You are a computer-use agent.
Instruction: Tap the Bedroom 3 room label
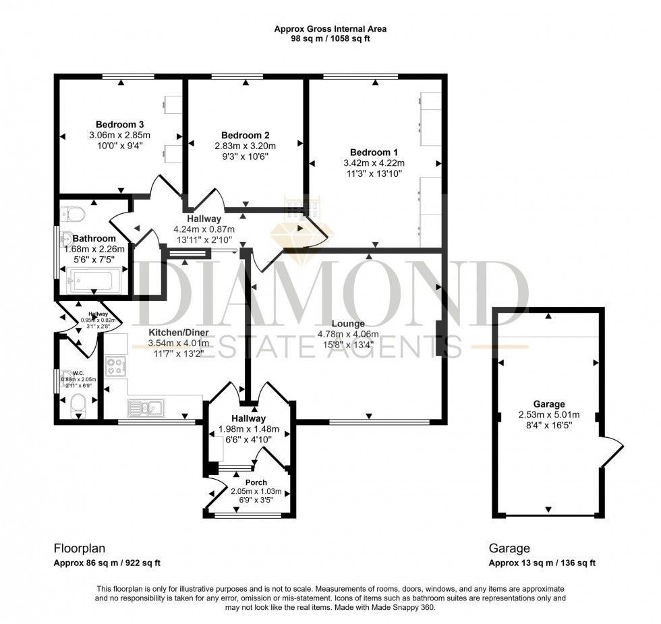point(119,124)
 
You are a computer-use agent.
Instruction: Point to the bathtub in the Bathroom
point(94,279)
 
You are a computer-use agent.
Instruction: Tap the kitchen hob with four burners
point(116,366)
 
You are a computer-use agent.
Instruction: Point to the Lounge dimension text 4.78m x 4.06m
point(347,334)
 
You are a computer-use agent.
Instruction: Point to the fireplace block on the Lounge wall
point(440,337)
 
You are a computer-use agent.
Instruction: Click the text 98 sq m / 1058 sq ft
point(330,39)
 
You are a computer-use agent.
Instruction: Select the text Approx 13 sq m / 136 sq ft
point(542,563)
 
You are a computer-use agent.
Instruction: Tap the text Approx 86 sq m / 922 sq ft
point(107,563)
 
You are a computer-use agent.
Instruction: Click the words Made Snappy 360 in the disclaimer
point(414,608)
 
